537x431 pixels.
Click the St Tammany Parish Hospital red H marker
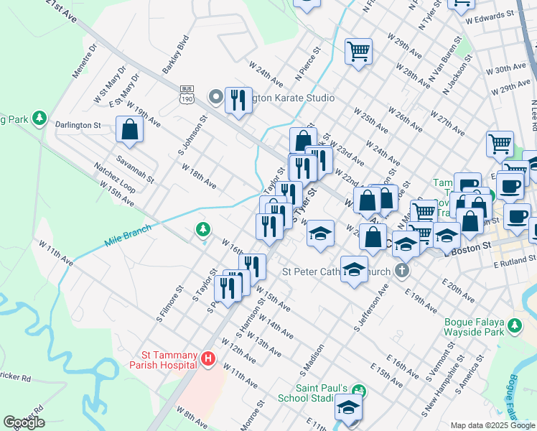click(208, 358)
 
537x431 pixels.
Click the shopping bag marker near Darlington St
click(129, 130)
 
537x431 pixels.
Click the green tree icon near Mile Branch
click(204, 230)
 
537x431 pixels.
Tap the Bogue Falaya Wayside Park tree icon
click(514, 325)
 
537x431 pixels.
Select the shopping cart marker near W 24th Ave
click(358, 52)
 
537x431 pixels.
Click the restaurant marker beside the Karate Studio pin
click(238, 101)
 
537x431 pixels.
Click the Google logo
click(24, 422)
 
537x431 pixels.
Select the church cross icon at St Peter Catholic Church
click(403, 272)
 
